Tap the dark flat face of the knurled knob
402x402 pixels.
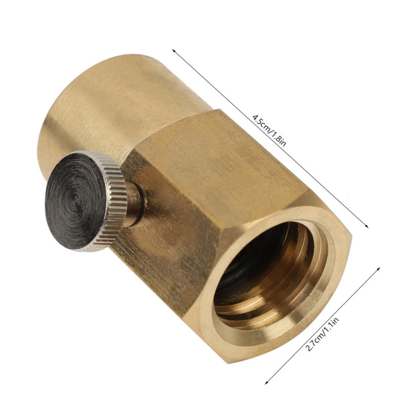pos(76,203)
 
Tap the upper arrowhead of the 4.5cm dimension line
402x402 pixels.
pos(174,51)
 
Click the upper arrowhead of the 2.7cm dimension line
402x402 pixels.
pos(378,268)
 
